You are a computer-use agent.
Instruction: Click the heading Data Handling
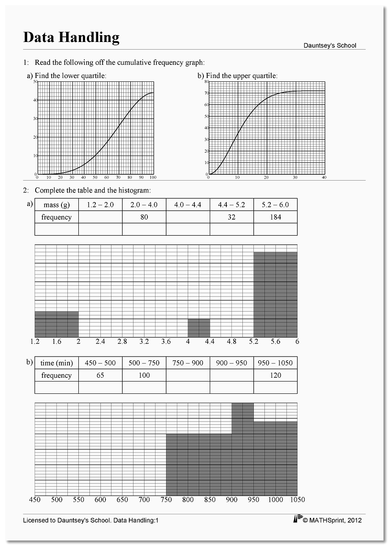(71, 37)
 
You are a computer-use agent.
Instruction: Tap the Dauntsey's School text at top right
(330, 45)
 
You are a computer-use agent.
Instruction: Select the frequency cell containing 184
(275, 217)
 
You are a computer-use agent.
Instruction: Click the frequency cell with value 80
(144, 217)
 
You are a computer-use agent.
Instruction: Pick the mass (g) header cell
(56, 205)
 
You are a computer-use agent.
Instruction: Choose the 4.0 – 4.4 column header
(188, 205)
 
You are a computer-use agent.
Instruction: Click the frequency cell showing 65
(100, 375)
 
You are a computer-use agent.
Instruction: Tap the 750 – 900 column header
(188, 363)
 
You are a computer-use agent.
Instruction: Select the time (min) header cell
(56, 363)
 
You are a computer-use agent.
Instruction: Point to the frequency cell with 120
(275, 375)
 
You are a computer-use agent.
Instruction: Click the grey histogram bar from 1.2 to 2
(56, 324)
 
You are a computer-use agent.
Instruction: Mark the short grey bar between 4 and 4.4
(199, 328)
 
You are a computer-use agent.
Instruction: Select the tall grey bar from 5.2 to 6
(275, 295)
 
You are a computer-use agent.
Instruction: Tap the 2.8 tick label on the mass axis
(122, 342)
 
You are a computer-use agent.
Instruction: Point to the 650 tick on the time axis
(122, 500)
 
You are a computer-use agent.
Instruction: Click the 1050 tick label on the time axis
(297, 500)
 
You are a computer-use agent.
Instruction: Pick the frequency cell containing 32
(231, 217)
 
